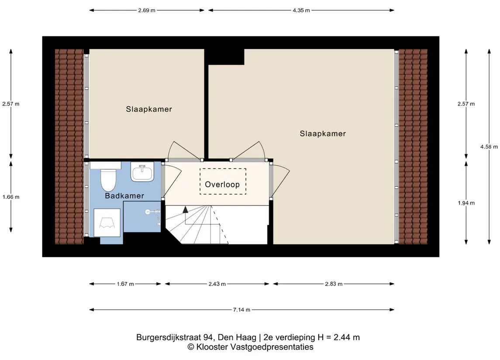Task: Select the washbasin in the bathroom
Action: point(142,172)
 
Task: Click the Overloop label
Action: point(222,185)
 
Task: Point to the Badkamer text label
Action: point(124,196)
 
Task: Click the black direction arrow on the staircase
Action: point(185,209)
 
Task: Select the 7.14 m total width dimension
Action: point(241,309)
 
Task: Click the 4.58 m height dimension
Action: point(489,147)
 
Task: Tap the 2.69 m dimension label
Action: point(147,10)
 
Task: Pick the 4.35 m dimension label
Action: point(301,10)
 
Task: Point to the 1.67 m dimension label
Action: point(125,284)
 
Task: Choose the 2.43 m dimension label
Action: point(217,284)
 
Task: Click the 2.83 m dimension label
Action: point(334,284)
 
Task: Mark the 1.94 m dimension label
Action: point(466,203)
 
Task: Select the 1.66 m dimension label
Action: point(11,197)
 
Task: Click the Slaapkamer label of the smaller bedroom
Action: point(149,109)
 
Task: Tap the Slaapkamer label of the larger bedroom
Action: point(323,134)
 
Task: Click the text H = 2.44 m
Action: point(339,337)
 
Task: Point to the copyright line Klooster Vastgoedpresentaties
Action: point(250,347)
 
